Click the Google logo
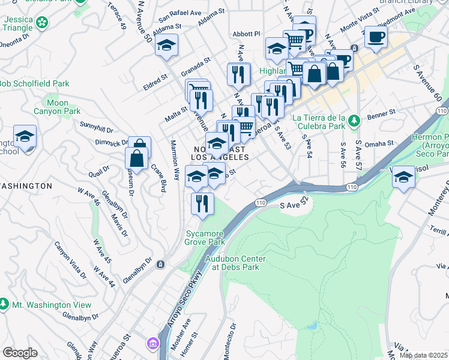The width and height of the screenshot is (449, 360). click(x=20, y=353)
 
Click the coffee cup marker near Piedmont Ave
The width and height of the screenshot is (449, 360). click(x=376, y=37)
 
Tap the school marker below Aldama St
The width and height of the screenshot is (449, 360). click(x=166, y=45)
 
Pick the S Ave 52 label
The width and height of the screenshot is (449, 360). click(x=295, y=205)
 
